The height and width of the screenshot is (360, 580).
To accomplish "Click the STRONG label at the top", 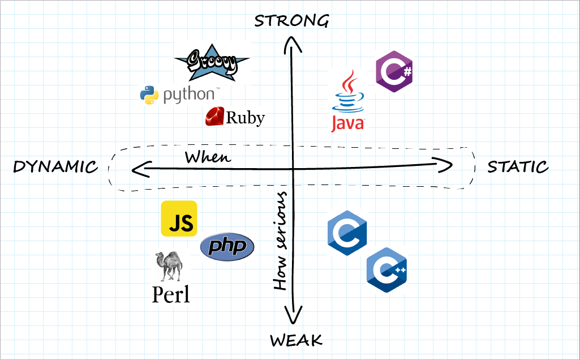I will tap(291, 21).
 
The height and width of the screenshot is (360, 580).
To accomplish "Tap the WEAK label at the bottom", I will tap(296, 340).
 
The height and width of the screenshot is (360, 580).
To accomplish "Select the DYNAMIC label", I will tap(55, 167).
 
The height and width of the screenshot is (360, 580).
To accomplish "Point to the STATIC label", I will tap(518, 167).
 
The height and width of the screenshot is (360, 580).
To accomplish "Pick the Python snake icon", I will tap(149, 95).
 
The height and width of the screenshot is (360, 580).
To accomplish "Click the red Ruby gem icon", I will tap(215, 117).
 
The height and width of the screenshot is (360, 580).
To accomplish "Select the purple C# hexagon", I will tap(394, 71).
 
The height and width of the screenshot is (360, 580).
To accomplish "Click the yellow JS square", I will tap(179, 218).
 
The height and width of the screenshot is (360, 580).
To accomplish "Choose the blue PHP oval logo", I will tap(227, 247).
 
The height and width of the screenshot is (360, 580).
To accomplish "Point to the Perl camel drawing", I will tap(169, 266).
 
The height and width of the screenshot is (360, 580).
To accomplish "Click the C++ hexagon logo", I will tap(388, 269).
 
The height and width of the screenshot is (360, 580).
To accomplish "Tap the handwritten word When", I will tap(208, 157).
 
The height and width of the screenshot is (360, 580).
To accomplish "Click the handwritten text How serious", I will tap(281, 241).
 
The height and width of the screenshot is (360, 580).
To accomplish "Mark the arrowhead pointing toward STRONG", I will tap(291, 42).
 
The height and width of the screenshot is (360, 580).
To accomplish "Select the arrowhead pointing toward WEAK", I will tap(293, 317).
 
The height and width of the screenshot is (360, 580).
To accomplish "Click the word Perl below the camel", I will tap(171, 294).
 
